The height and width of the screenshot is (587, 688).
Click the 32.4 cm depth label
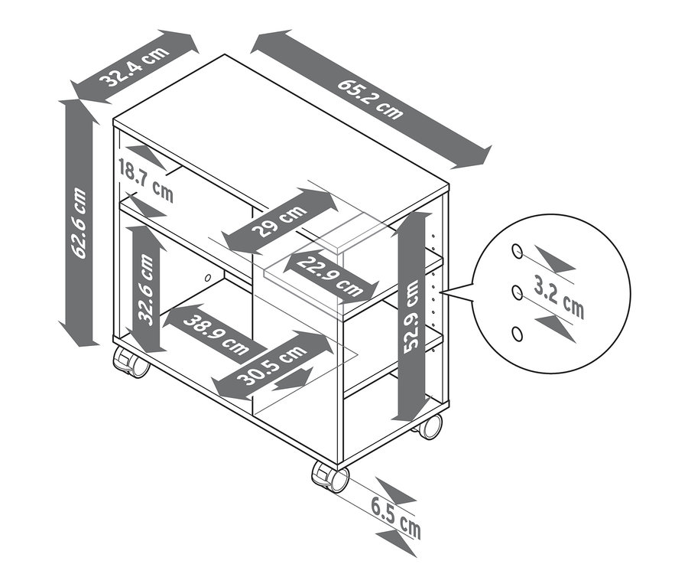pyautogui.click(x=135, y=67)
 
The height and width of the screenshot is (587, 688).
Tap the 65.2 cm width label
pyautogui.click(x=370, y=99)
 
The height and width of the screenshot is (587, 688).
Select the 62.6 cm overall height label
pyautogui.click(x=79, y=223)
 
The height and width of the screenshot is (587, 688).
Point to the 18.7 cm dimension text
pyautogui.click(x=145, y=181)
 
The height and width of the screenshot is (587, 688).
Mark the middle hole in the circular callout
pyautogui.click(x=517, y=292)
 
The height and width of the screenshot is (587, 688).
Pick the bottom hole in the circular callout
pyautogui.click(x=517, y=333)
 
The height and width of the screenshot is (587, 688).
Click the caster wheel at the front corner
pyautogui.click(x=330, y=477)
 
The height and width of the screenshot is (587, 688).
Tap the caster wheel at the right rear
pyautogui.click(x=430, y=426)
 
